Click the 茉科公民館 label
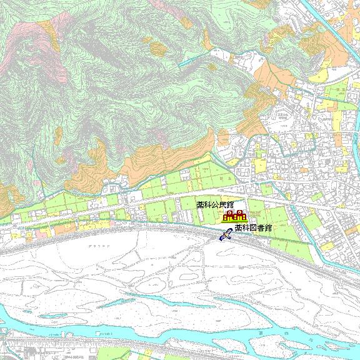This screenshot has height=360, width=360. (215, 204)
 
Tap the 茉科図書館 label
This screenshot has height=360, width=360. (254, 228)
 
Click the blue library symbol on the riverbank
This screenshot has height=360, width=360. (226, 235)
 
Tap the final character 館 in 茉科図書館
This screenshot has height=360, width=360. (269, 228)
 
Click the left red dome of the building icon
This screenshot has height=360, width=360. (229, 214)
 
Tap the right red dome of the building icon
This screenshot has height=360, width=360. (239, 214)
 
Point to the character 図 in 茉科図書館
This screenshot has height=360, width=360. (254, 228)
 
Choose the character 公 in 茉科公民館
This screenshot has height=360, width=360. (215, 204)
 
